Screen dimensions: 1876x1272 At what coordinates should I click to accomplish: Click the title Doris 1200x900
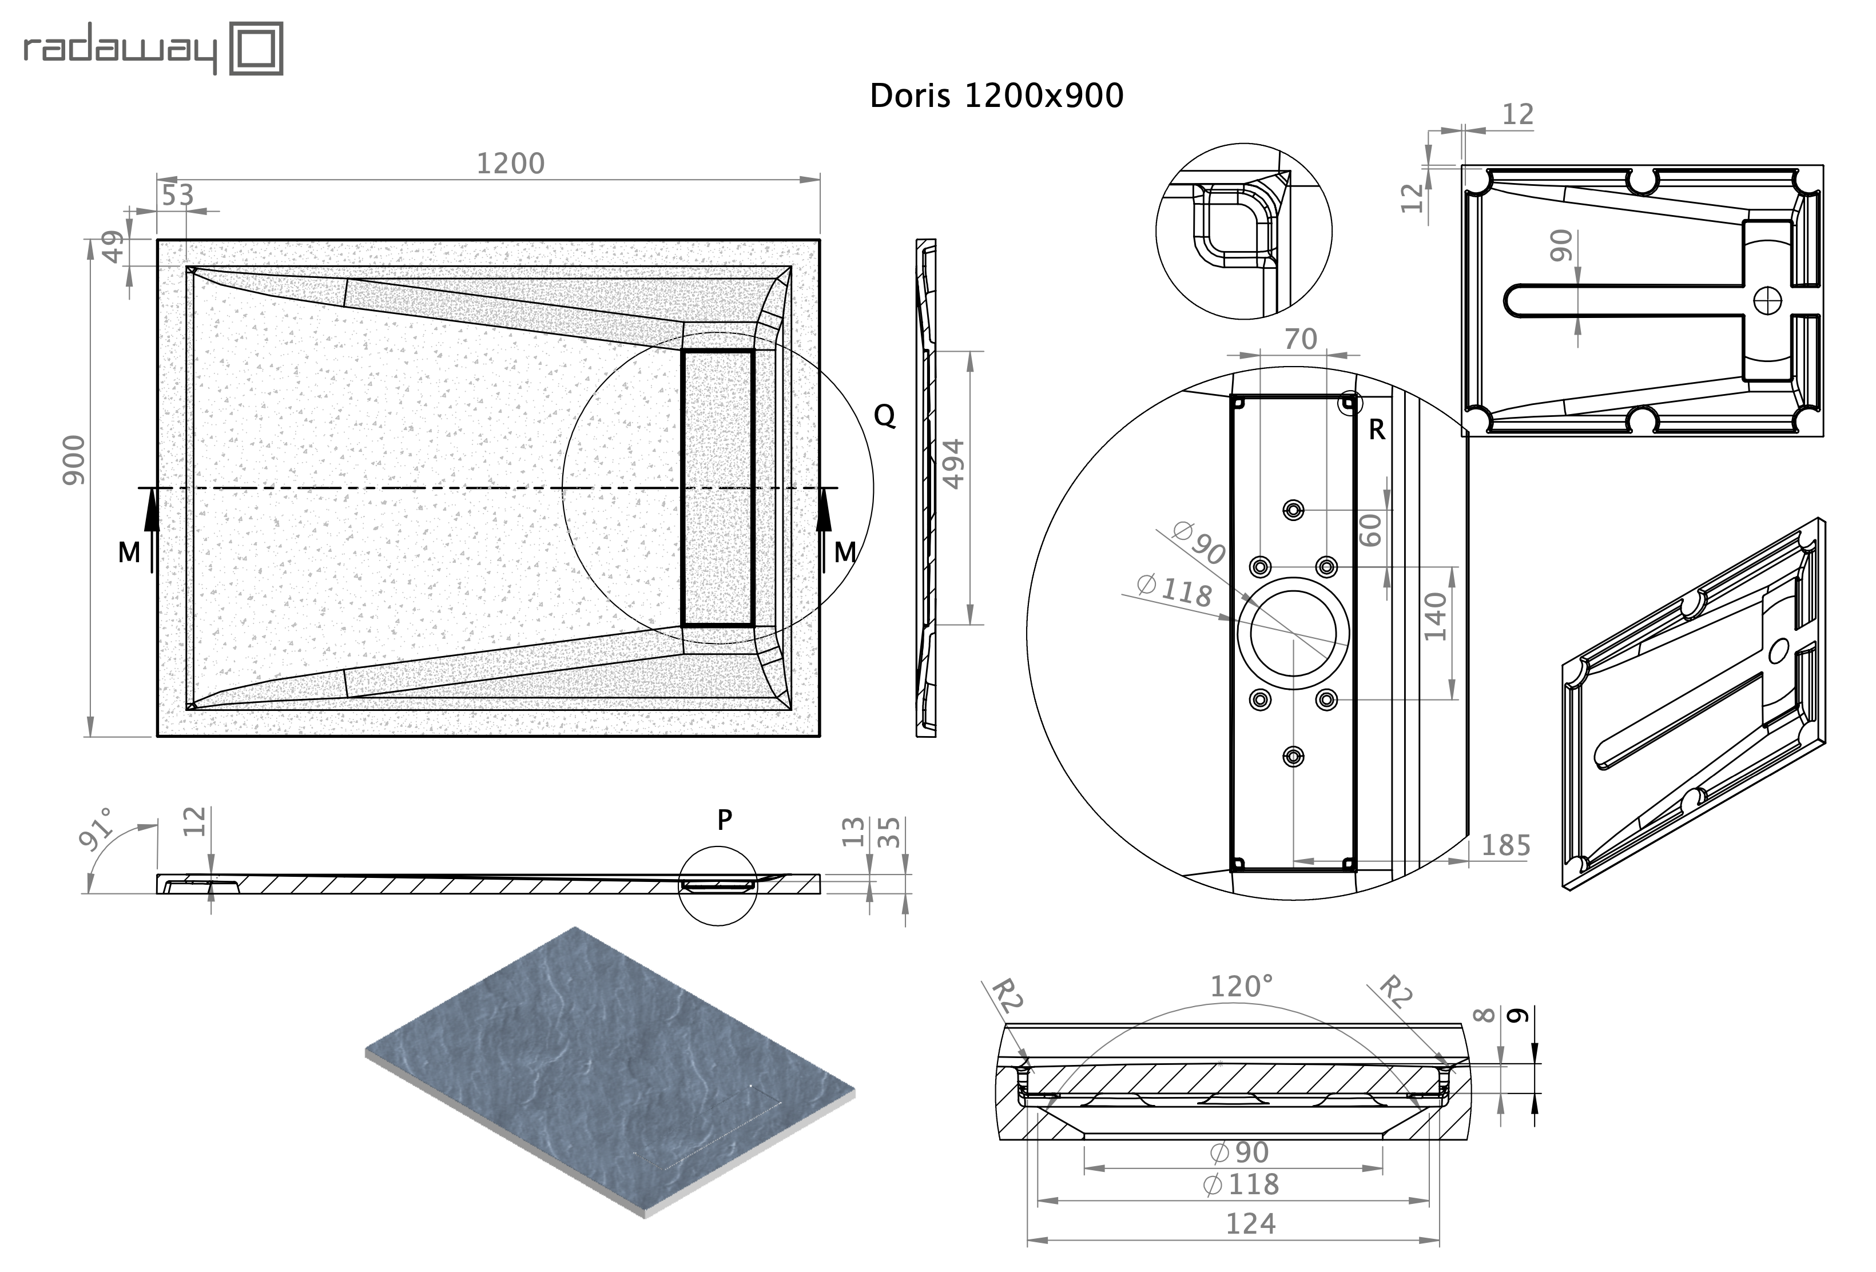(996, 96)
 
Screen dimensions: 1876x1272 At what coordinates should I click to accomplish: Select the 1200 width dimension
(510, 164)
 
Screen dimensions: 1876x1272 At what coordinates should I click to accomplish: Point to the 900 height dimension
(74, 459)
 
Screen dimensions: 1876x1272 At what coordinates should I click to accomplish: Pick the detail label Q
(885, 416)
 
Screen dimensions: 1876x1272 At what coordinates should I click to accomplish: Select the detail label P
(724, 820)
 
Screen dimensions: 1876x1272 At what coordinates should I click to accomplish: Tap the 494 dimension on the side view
(954, 464)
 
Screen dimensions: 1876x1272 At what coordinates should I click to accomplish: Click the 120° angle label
(1242, 986)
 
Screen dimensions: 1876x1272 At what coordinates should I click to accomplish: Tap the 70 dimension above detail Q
(1301, 339)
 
